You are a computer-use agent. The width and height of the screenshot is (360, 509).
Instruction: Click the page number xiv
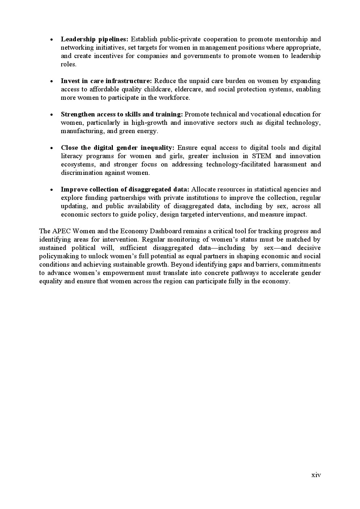316,475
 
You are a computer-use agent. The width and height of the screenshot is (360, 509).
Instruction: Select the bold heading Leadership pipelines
94,39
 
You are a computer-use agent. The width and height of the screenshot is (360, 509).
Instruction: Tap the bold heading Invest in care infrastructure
106,81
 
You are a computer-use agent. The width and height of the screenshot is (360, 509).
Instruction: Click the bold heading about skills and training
122,114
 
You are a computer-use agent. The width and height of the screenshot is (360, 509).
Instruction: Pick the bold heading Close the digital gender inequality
118,148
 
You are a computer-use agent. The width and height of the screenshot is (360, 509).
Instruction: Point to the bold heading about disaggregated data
125,189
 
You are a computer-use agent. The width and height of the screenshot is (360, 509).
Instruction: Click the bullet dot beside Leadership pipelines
52,40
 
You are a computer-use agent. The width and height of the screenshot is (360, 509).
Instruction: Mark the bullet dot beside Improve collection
52,190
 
